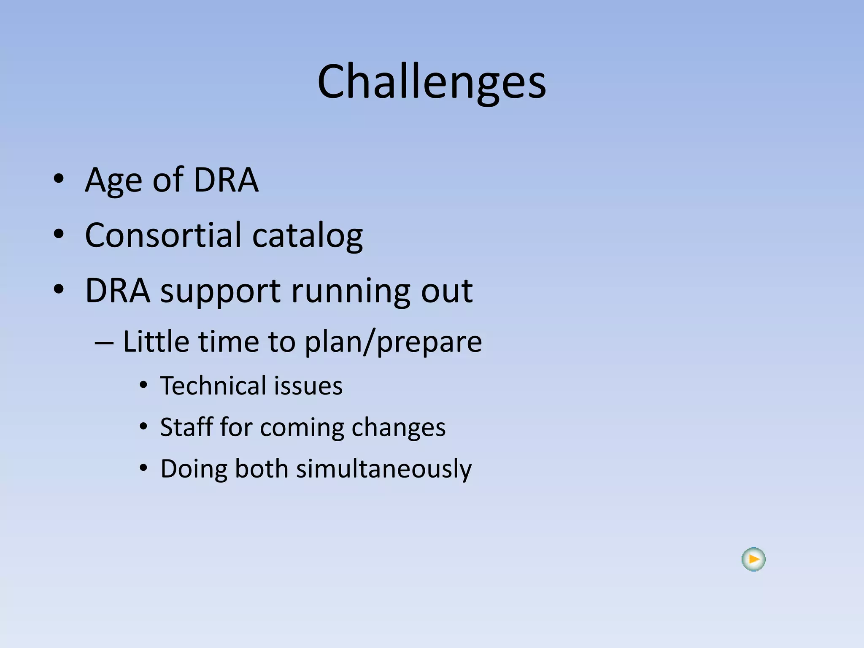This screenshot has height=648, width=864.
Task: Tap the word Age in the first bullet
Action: [113, 181]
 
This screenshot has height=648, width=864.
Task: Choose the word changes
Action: [398, 428]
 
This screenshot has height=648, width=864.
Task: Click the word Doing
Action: [193, 469]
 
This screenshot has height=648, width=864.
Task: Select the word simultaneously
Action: [383, 469]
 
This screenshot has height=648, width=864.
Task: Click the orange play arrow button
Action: [753, 559]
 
